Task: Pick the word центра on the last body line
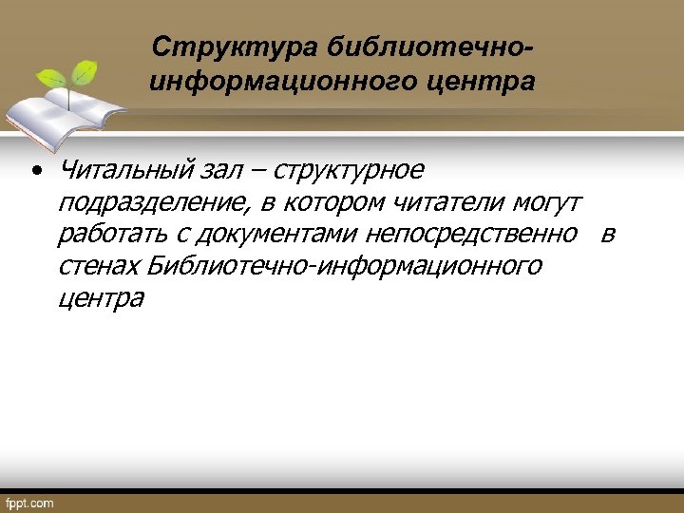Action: (x=101, y=298)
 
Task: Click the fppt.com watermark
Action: (x=30, y=503)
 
